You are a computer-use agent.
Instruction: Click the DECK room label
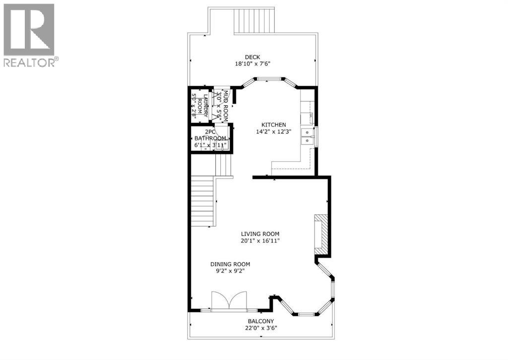(252, 57)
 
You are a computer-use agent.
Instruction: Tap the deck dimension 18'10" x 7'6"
(252, 63)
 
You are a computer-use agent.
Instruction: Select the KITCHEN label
(274, 124)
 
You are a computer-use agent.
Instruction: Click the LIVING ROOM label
(260, 234)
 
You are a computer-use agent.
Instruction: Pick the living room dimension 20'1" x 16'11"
(260, 241)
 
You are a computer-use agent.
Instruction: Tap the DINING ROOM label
(229, 264)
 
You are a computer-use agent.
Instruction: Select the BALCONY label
(258, 321)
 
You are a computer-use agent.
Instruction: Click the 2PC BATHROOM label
(210, 135)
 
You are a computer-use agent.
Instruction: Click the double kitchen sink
(309, 136)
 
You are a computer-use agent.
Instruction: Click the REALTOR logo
(29, 35)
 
